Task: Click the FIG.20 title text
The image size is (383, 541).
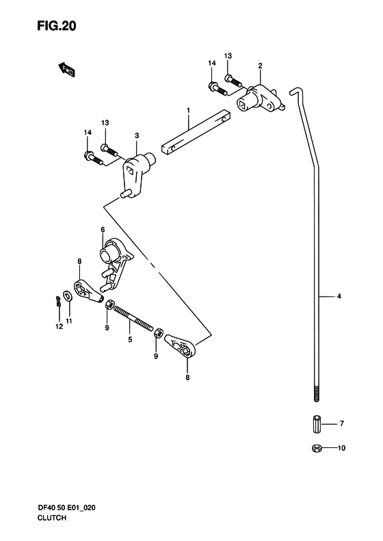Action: [x=56, y=26]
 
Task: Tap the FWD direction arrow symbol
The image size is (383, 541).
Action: [x=66, y=69]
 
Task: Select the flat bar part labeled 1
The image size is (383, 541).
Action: [x=196, y=133]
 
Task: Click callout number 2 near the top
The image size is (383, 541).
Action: [x=260, y=66]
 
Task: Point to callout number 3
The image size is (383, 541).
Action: [x=137, y=135]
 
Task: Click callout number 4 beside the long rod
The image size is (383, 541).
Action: [x=339, y=296]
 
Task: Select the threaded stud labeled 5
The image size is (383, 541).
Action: [x=133, y=319]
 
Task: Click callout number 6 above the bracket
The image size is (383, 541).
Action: [x=103, y=229]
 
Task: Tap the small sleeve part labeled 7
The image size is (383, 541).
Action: [x=317, y=424]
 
